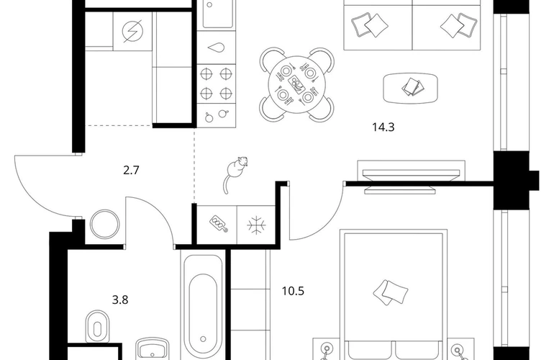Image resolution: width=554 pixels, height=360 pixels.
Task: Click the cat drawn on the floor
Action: point(235,173)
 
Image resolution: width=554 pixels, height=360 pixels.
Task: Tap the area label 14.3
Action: point(383,127)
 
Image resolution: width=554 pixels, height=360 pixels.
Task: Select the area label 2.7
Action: point(131,171)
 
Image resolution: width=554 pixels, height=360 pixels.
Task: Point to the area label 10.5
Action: point(293,291)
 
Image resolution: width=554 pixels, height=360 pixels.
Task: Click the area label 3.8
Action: point(120,300)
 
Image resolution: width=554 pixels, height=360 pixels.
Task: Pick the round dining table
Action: point(296,84)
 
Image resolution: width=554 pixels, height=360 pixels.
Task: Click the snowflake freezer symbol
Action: point(256,225)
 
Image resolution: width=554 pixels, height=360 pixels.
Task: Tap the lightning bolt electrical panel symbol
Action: point(132,31)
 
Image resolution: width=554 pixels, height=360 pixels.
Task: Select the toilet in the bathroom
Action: point(98,327)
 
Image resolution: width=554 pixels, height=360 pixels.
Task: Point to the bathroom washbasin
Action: point(153,349)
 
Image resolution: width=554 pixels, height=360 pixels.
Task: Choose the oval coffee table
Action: point(411,88)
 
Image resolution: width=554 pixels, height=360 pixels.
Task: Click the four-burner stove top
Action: point(216,84)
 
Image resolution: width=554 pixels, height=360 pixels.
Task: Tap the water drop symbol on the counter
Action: point(216,48)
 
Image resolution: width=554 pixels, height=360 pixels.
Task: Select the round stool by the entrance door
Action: point(104,224)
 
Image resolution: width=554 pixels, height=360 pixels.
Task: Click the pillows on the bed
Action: point(391,292)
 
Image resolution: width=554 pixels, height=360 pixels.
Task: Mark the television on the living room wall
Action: point(411,177)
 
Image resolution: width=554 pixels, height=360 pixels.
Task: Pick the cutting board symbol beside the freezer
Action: point(218,224)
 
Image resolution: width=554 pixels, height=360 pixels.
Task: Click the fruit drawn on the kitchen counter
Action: point(216,116)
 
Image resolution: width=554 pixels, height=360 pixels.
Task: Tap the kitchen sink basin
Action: point(217,14)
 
